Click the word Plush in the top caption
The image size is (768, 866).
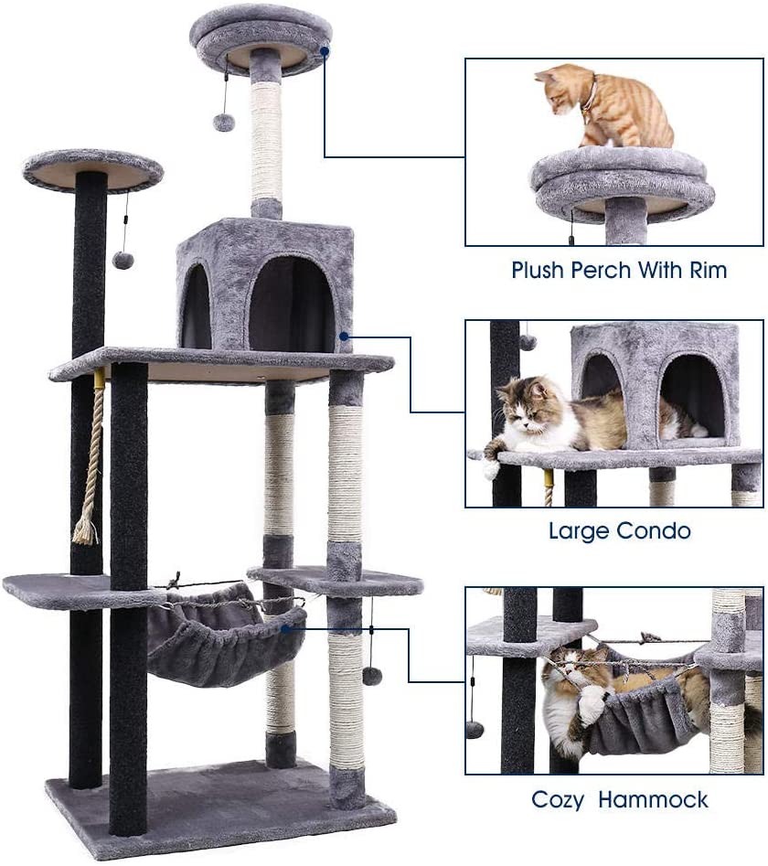click(538, 270)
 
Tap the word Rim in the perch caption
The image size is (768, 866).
click(708, 270)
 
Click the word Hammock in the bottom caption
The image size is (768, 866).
click(653, 800)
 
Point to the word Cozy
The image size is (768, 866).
click(557, 800)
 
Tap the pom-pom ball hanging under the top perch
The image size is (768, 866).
click(224, 122)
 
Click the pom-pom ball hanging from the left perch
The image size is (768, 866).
click(123, 260)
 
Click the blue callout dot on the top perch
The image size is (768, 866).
click(325, 51)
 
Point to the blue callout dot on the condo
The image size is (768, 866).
click(344, 336)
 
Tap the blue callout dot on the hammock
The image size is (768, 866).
click(285, 628)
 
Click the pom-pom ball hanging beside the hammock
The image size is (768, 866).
click(370, 676)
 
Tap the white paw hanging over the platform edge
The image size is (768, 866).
click(491, 467)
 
